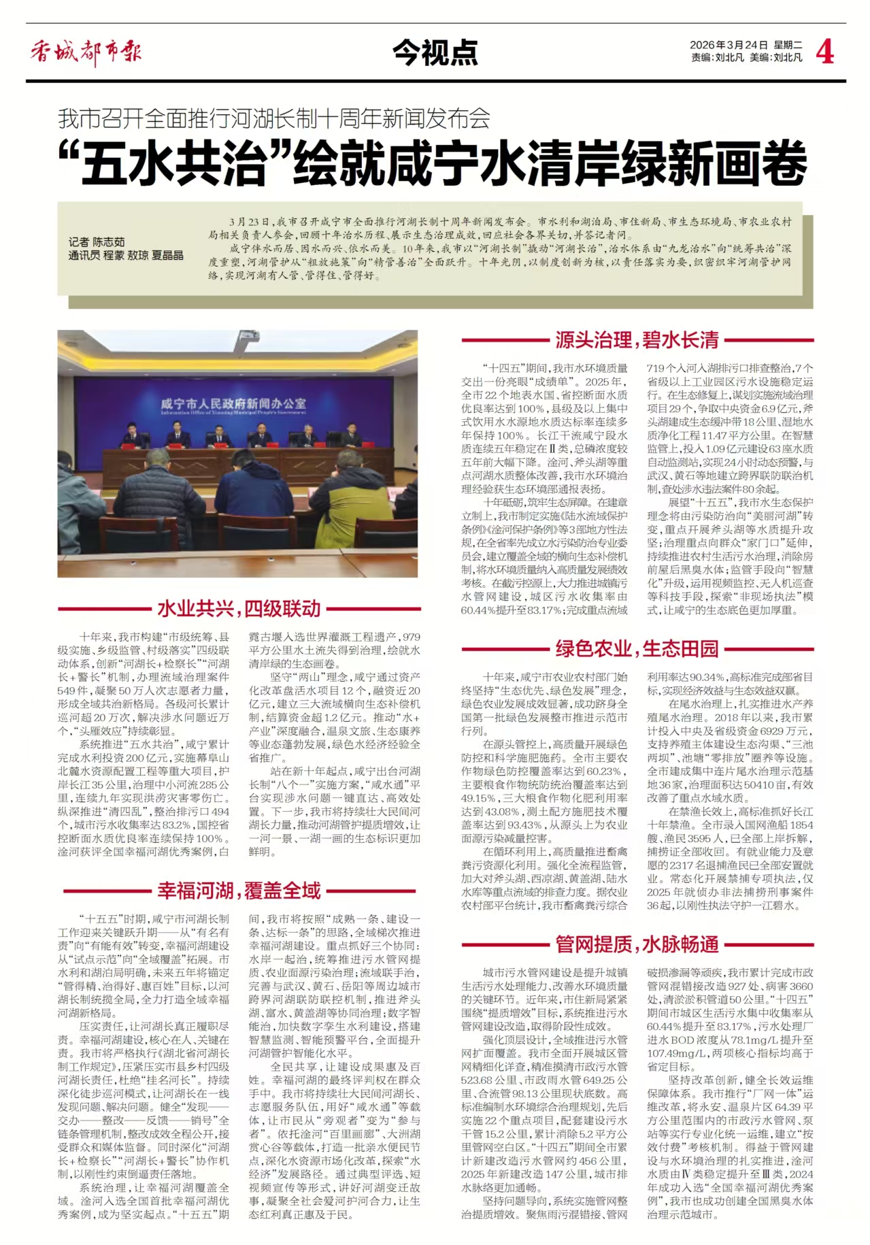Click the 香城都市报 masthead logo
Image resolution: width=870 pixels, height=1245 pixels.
pyautogui.click(x=86, y=52)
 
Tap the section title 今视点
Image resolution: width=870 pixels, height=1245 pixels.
pyautogui.click(x=435, y=52)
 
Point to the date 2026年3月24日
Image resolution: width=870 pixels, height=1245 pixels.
pyautogui.click(x=729, y=45)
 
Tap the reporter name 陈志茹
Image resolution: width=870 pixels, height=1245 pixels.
pyautogui.click(x=108, y=242)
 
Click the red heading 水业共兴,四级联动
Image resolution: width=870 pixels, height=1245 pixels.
pyautogui.click(x=239, y=608)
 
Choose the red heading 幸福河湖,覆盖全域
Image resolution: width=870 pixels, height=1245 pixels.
pyautogui.click(x=239, y=890)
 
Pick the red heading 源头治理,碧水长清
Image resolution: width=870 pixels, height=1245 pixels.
pyautogui.click(x=637, y=339)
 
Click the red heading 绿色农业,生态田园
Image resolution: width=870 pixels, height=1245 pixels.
pyautogui.click(x=637, y=648)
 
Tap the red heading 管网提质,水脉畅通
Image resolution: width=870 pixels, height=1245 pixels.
pyautogui.click(x=637, y=944)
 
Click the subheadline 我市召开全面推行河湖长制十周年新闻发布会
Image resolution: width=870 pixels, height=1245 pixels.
pyautogui.click(x=273, y=119)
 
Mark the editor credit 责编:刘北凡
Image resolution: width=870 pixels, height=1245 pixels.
pyautogui.click(x=718, y=58)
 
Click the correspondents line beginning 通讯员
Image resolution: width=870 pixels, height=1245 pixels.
pyautogui.click(x=126, y=256)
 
